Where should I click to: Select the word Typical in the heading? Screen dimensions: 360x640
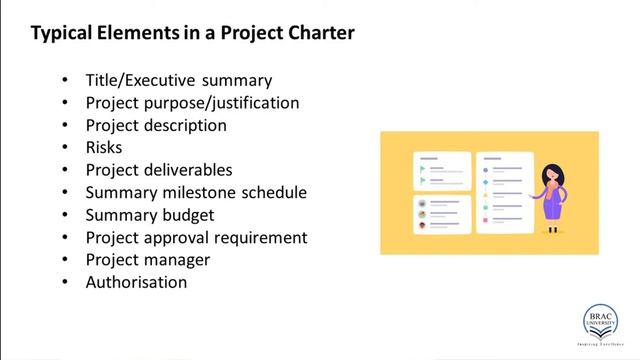63,33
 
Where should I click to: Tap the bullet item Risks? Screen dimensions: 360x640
105,147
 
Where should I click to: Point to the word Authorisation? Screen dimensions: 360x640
136,282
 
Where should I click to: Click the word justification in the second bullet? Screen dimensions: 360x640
249,102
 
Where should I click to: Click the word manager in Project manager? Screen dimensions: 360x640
175,259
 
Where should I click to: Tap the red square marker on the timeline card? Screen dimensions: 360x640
485,220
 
